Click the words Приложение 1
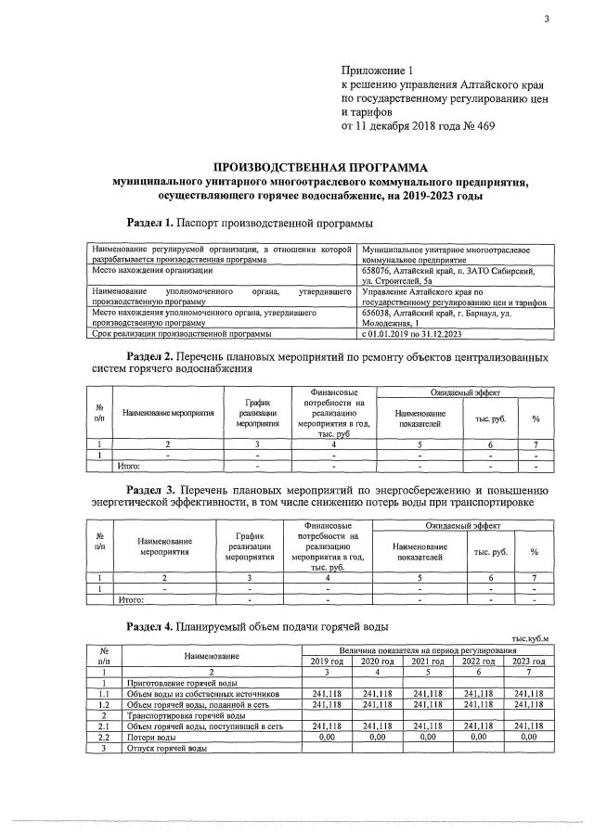(x=375, y=70)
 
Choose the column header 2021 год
(x=431, y=661)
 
